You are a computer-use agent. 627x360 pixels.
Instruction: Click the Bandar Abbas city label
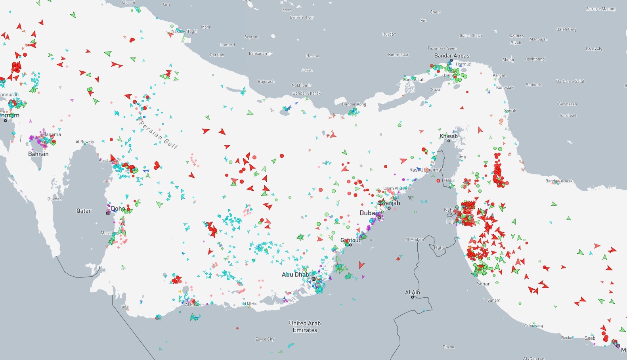click(451, 56)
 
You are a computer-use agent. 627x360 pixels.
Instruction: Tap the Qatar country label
click(84, 211)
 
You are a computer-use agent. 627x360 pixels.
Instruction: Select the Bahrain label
click(38, 154)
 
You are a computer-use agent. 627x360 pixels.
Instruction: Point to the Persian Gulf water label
click(159, 135)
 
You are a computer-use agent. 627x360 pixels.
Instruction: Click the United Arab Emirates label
click(305, 327)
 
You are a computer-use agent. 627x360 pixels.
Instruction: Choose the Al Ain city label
click(412, 292)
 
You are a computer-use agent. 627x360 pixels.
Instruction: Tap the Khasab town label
click(448, 136)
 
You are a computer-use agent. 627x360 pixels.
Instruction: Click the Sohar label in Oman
click(483, 284)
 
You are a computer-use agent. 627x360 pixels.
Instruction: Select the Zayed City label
click(265, 339)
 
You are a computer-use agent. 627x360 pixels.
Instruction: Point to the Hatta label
click(440, 248)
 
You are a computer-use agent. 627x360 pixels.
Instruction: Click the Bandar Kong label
click(354, 104)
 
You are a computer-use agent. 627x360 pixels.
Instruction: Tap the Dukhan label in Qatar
click(55, 199)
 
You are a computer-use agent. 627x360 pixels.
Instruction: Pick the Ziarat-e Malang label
click(600, 9)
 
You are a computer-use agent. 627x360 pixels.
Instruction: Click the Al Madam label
click(415, 239)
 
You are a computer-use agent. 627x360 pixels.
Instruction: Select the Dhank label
click(448, 347)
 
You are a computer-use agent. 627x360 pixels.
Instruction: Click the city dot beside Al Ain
click(413, 297)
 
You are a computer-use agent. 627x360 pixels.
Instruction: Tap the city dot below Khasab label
click(449, 141)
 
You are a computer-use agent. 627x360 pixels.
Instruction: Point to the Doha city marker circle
click(108, 213)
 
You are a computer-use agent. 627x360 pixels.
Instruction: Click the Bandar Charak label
click(306, 93)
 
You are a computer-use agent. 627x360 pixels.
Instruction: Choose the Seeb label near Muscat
click(590, 338)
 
